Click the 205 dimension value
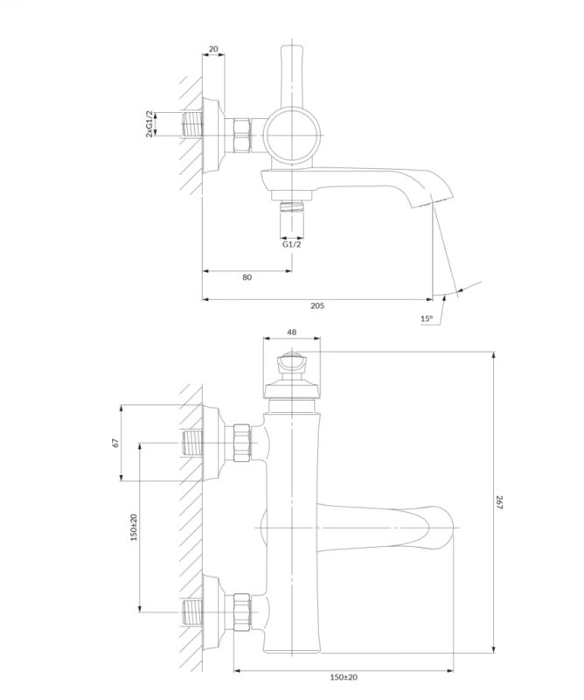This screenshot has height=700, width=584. click(x=317, y=305)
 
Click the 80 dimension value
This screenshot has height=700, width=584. click(x=247, y=277)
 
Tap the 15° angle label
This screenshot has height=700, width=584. click(x=427, y=318)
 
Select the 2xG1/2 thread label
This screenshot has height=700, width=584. click(x=149, y=124)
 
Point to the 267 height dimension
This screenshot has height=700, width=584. click(x=499, y=502)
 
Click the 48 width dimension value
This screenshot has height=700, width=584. click(x=292, y=332)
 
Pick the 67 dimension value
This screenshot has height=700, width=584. click(x=116, y=443)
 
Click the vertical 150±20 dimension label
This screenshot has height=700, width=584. click(x=134, y=528)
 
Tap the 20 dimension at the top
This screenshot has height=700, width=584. click(x=213, y=49)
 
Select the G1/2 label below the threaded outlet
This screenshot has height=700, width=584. click(x=292, y=244)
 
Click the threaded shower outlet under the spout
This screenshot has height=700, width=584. click(x=292, y=207)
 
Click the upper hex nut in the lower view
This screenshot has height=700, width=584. click(x=242, y=443)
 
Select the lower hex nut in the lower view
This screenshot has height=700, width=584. click(x=242, y=612)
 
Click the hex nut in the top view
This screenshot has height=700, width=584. click(x=242, y=136)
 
